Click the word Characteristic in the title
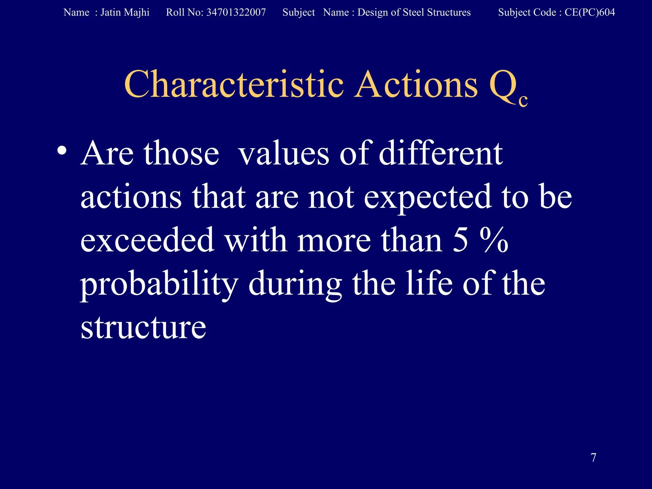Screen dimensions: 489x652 [x=234, y=84]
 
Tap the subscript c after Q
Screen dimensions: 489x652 [x=523, y=100]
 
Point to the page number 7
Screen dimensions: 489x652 [x=593, y=457]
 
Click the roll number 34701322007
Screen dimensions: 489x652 [x=236, y=12]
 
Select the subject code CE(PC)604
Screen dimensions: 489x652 [x=590, y=12]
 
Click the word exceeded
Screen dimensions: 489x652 [x=147, y=240]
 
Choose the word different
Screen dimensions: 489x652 [x=441, y=154]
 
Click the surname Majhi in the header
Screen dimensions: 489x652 [x=137, y=12]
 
